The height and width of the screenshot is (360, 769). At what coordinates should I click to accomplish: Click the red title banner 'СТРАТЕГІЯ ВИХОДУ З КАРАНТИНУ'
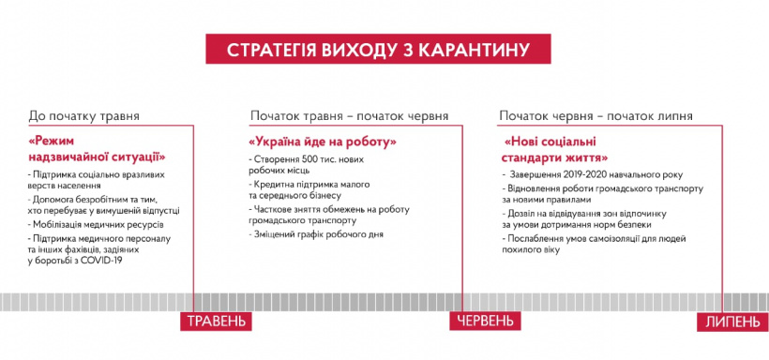[x=378, y=49]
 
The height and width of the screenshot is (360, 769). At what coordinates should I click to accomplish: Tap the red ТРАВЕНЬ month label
[x=216, y=321]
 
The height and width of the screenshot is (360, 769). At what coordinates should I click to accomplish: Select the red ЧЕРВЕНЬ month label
[x=485, y=321]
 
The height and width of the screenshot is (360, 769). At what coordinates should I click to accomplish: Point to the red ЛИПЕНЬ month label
[x=732, y=322]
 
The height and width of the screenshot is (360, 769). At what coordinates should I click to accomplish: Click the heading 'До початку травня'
[x=83, y=116]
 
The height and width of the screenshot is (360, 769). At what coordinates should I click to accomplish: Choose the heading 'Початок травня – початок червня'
[x=349, y=116]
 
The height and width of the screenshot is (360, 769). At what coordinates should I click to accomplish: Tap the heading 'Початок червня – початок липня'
[x=596, y=116]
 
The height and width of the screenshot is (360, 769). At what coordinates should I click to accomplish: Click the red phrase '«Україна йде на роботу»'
[x=323, y=142]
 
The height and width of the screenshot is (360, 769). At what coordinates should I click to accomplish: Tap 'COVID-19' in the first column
[x=105, y=261]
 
